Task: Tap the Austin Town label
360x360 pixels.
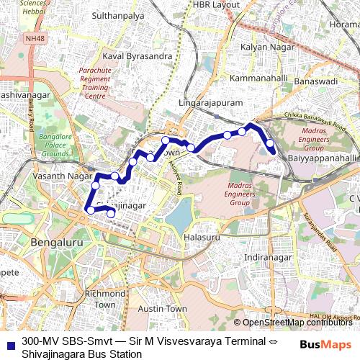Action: [162, 308]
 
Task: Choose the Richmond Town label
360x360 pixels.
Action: [105, 299]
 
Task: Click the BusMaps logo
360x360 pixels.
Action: [326, 345]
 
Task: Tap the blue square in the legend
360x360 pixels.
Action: [9, 342]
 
